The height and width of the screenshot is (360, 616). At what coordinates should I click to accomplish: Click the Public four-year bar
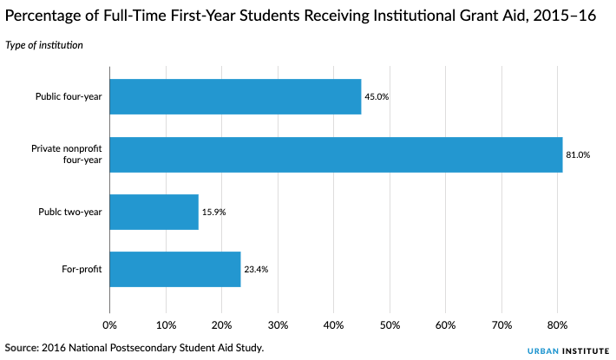(x=235, y=97)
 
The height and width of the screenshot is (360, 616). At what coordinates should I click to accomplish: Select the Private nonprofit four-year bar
(x=336, y=154)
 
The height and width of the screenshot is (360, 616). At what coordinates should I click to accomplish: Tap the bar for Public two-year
(x=154, y=212)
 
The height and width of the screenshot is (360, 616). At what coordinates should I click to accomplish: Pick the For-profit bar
(x=174, y=269)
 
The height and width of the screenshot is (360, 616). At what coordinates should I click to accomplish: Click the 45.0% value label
(x=377, y=97)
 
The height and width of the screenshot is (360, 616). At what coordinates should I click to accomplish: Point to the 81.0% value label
(x=579, y=154)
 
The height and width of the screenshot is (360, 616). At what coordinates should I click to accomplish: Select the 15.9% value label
(x=214, y=212)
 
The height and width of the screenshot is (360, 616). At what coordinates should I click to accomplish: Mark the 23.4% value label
(x=256, y=269)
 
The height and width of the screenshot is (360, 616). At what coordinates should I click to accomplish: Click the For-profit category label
(x=82, y=269)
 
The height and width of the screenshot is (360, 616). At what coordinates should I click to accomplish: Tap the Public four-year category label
(x=69, y=97)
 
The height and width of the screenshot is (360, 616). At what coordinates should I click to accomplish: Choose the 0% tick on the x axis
(x=109, y=325)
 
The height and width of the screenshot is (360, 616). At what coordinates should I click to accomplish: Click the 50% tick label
(x=390, y=325)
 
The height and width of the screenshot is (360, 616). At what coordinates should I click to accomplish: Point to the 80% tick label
(x=557, y=325)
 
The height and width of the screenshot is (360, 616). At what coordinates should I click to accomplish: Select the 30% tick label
(x=278, y=325)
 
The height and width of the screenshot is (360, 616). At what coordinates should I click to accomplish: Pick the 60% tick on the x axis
(x=445, y=325)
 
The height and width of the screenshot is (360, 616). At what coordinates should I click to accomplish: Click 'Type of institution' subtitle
(x=44, y=45)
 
